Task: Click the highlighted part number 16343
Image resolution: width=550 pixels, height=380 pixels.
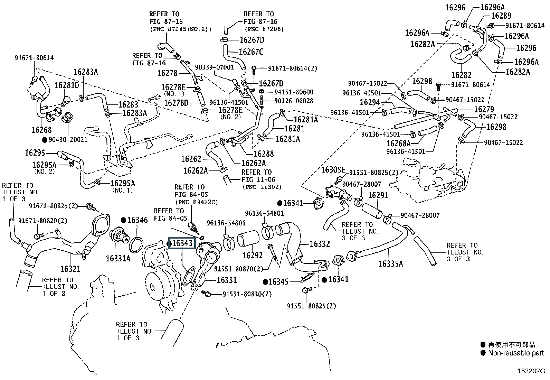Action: tap(182, 243)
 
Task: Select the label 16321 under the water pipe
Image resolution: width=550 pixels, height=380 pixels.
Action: tap(70, 269)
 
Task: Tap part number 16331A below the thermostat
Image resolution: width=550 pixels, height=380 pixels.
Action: tap(118, 258)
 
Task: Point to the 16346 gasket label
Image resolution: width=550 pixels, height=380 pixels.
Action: tap(137, 220)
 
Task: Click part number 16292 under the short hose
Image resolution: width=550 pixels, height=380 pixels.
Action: tap(253, 256)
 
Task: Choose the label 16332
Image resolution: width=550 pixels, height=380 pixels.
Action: tap(320, 244)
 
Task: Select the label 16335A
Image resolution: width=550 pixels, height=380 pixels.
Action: tap(390, 264)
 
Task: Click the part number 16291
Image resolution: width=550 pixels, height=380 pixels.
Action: tap(378, 195)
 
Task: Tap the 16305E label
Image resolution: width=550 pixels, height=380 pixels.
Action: tap(333, 170)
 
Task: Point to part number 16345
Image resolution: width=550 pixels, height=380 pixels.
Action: tap(278, 282)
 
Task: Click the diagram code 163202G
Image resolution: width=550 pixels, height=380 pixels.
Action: tap(531, 371)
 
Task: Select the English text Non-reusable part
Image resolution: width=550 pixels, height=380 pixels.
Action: tap(516, 353)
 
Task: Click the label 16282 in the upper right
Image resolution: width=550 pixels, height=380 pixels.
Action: tap(462, 75)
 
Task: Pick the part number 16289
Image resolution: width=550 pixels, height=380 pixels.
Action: tap(501, 16)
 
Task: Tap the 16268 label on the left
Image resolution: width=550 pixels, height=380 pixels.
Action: tap(41, 130)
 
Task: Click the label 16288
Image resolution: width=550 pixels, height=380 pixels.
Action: tap(263, 154)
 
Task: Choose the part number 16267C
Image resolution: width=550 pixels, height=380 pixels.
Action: tap(251, 52)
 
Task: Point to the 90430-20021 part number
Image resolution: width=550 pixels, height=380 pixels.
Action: tap(68, 140)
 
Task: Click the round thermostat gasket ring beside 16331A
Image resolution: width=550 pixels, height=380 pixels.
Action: tap(136, 244)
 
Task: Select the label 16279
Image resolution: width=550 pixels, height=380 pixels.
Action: tap(484, 109)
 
